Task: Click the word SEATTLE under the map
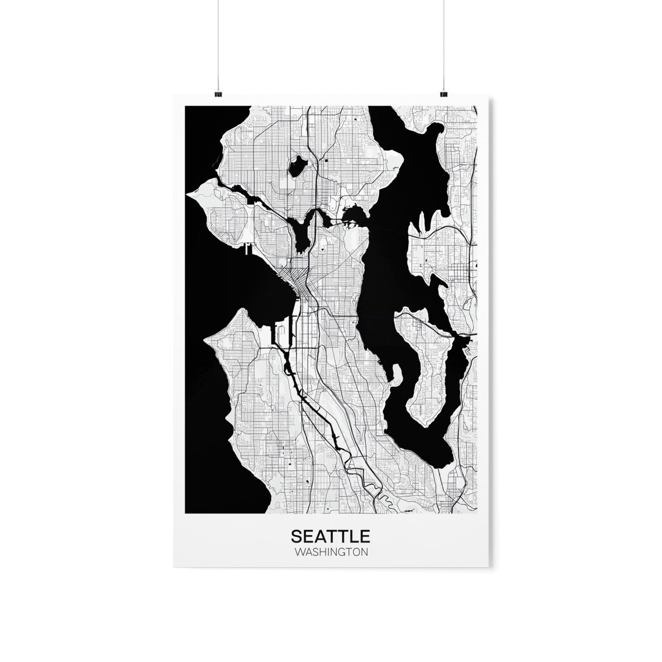pos(330,536)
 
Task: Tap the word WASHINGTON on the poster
pos(330,552)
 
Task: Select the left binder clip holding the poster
pos(218,94)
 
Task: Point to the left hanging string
pos(218,43)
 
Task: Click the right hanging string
pos(443,43)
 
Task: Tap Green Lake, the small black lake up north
pos(299,165)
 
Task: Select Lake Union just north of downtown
pos(302,232)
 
